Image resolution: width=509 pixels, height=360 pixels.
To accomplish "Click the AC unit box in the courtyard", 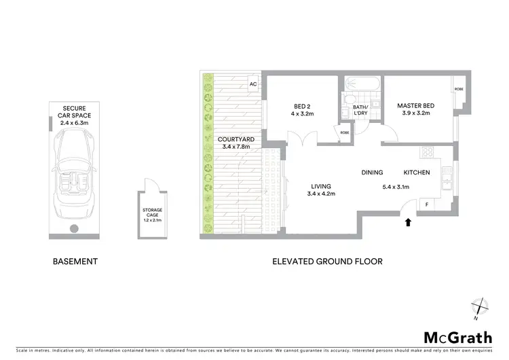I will (x=252, y=84).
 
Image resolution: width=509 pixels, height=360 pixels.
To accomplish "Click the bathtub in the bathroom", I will (x=360, y=84).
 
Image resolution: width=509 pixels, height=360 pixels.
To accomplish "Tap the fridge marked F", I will (x=426, y=204).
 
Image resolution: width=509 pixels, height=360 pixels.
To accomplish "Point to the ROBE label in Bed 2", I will (x=345, y=132).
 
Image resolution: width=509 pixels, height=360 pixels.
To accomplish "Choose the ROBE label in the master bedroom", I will (x=459, y=89).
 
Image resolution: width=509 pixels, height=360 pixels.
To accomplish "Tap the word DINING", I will (x=372, y=173).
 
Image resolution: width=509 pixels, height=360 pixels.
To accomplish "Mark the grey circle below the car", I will (x=75, y=228).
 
